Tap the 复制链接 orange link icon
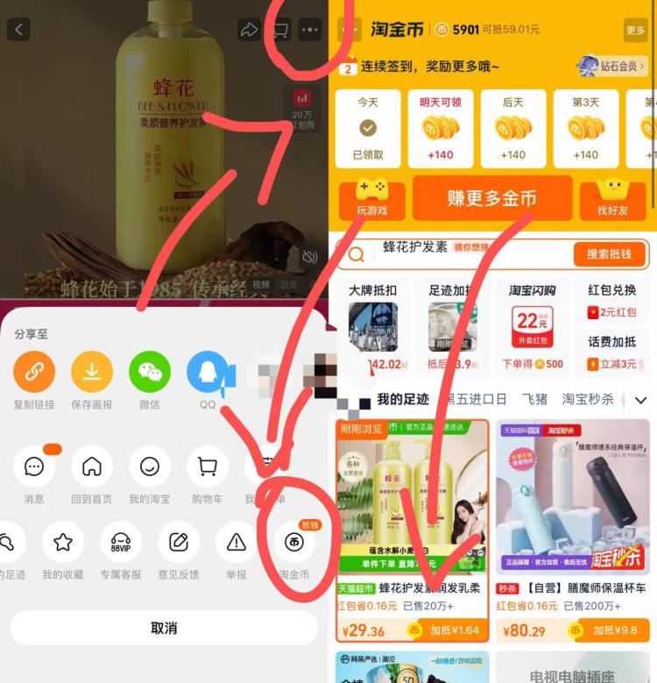click(x=34, y=373)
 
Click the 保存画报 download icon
click(x=92, y=373)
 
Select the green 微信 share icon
click(x=150, y=373)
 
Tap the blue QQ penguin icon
click(x=208, y=373)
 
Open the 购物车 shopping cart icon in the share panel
click(x=208, y=466)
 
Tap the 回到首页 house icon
click(x=92, y=466)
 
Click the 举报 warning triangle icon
click(x=236, y=543)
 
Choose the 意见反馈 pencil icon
click(x=179, y=543)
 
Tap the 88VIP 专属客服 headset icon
click(x=121, y=543)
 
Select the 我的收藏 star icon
click(x=63, y=543)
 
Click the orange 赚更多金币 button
click(x=491, y=198)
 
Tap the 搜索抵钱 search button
click(x=609, y=253)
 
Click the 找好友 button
click(x=613, y=198)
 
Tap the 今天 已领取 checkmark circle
click(x=368, y=128)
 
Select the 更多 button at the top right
click(x=635, y=30)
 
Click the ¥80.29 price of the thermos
click(x=525, y=630)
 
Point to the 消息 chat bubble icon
click(x=34, y=466)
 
